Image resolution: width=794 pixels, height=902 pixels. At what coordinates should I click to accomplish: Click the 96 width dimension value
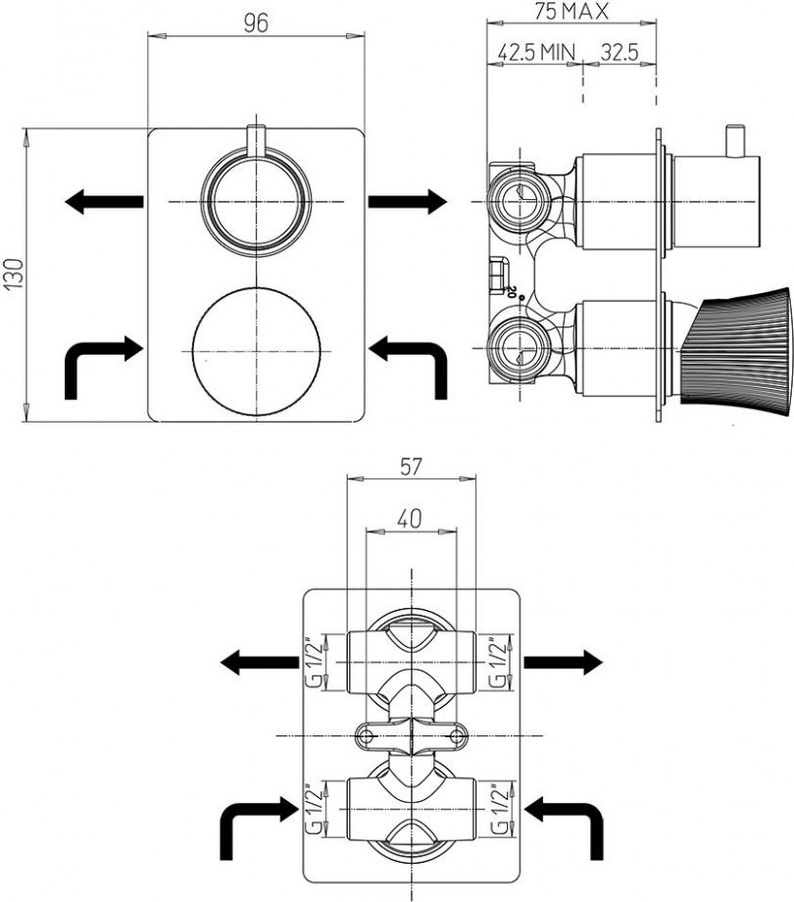[x=256, y=24]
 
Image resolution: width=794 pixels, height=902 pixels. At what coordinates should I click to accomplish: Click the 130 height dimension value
[x=15, y=274]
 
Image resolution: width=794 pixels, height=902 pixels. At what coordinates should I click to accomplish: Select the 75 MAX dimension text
[x=571, y=12]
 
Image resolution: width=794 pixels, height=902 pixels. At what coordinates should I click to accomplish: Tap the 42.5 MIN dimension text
[x=536, y=53]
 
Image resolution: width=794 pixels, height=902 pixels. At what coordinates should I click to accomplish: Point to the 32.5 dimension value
[x=620, y=53]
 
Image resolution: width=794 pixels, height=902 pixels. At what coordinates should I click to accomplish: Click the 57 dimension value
[x=411, y=467]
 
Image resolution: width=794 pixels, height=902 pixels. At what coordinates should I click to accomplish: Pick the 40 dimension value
[x=410, y=519]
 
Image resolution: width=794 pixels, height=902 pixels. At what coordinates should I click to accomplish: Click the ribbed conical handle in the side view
[x=736, y=349]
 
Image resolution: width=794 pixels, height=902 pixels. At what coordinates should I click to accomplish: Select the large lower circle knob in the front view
[x=257, y=351]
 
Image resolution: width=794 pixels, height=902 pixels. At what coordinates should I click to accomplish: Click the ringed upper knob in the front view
[x=257, y=201]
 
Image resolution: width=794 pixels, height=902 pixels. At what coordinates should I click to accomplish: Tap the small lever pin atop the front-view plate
[x=257, y=140]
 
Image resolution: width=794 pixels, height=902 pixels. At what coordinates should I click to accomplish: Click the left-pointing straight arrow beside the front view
[x=104, y=201]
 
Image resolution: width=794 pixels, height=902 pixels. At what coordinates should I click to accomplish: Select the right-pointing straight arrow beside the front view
[x=408, y=201]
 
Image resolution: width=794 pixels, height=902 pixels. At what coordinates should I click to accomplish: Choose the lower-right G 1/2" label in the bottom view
[x=500, y=808]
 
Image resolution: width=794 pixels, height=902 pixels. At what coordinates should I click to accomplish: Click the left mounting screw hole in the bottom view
[x=366, y=735]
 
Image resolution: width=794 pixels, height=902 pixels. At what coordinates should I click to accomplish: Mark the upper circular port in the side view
[x=520, y=201]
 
